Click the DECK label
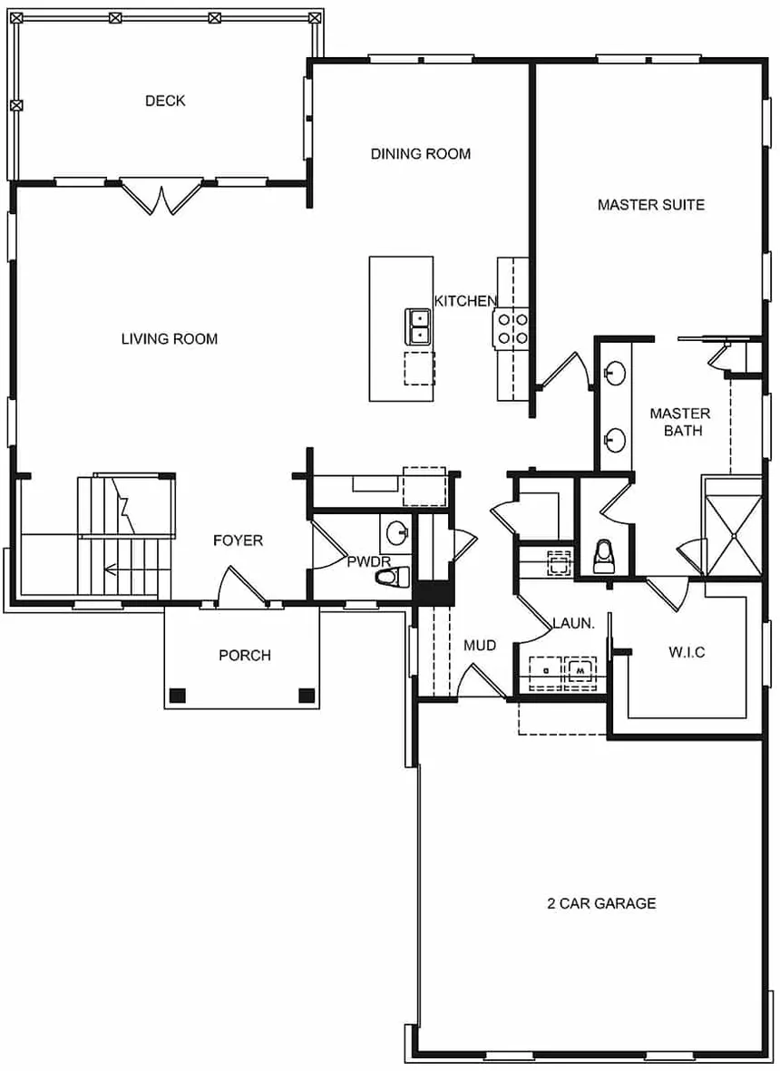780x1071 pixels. point(165,101)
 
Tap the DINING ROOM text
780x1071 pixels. point(421,154)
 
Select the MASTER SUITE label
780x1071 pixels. point(650,205)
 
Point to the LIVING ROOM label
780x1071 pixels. point(170,339)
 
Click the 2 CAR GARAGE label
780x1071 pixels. point(601,903)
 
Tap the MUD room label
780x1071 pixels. point(480,646)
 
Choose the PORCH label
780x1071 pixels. point(244,655)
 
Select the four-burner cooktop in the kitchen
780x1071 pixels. point(511,328)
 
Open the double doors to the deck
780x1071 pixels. point(161,198)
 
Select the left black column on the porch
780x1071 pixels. point(178,696)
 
